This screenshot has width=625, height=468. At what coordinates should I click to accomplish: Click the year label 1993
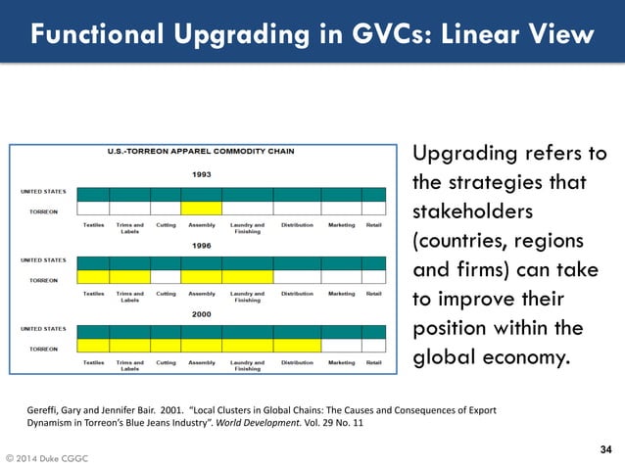[x=202, y=174]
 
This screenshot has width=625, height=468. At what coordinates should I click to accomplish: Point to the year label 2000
[x=202, y=313]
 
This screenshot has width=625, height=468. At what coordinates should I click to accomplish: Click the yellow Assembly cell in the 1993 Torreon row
[x=202, y=209]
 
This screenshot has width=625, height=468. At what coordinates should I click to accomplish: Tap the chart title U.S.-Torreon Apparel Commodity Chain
[x=202, y=152]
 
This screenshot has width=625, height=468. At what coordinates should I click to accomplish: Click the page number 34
[x=604, y=449]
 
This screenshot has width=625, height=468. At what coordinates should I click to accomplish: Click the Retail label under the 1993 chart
[x=373, y=224]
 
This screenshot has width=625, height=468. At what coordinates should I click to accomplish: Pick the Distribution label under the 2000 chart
[x=297, y=362]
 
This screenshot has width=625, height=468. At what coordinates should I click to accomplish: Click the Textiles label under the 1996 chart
[x=94, y=293]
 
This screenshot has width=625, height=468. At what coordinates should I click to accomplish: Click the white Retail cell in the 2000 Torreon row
[x=373, y=347]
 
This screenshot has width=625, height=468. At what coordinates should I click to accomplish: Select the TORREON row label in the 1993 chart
[x=42, y=210]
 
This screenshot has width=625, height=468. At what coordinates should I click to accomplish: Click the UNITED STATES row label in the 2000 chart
[x=44, y=329]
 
